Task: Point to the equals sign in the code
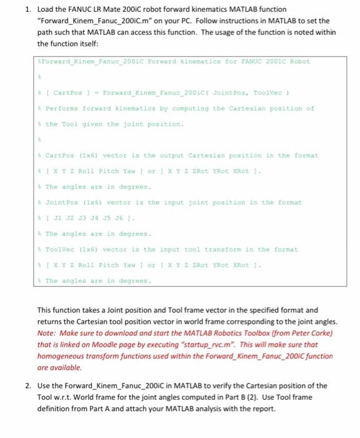(98, 93)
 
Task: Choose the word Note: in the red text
(47, 333)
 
